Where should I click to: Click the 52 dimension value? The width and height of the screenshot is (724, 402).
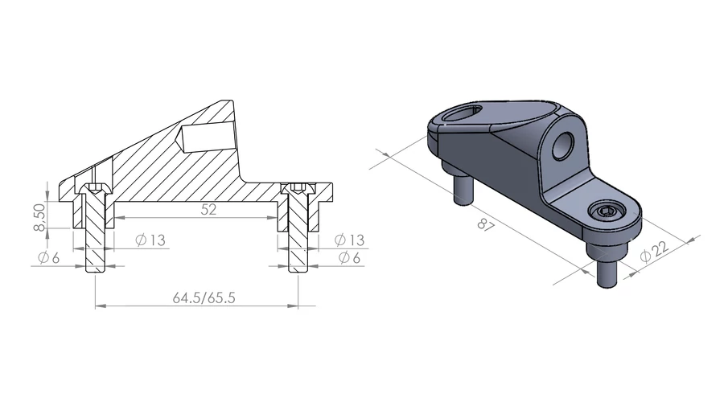[x=208, y=210]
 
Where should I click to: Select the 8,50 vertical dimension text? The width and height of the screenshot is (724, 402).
[x=39, y=217]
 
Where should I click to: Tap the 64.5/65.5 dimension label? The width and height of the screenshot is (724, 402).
[x=204, y=297]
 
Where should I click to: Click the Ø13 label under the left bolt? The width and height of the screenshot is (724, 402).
[x=150, y=240]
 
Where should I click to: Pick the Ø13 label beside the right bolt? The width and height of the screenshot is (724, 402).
[x=350, y=240]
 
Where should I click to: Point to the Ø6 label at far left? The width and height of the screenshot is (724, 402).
[x=48, y=257]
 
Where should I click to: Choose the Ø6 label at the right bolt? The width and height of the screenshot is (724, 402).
[x=349, y=257]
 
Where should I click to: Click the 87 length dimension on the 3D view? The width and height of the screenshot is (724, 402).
[x=486, y=225]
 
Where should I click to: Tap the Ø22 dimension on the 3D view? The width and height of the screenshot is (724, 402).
[x=654, y=251]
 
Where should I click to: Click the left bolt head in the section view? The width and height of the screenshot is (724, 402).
[x=95, y=188]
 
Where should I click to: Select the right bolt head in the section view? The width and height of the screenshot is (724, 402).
[x=298, y=188]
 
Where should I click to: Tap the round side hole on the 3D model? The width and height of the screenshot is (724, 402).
[x=563, y=146]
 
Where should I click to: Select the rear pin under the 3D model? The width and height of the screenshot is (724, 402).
[x=463, y=188]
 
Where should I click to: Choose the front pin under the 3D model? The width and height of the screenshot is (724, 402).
[x=607, y=273]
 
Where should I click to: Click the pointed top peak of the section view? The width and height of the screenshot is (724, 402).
[x=227, y=100]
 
